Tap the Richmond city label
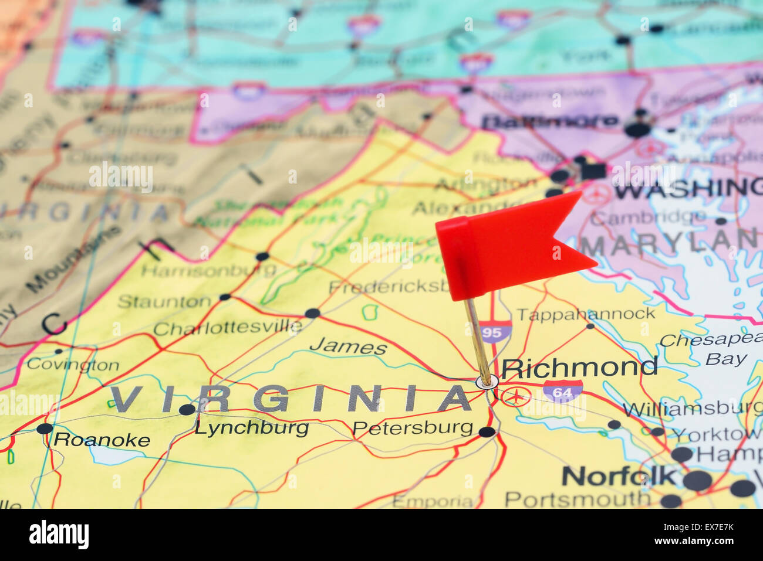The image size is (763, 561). [579, 367]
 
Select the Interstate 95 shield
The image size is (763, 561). [495, 332]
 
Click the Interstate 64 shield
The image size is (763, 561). [562, 391]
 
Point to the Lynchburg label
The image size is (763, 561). [251, 428]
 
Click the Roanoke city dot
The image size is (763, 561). [45, 429]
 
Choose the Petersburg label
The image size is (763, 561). [413, 428]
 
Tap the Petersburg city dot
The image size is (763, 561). [487, 432]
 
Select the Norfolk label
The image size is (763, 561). [619, 476]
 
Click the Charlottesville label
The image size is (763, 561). [228, 328]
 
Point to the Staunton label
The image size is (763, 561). [164, 302]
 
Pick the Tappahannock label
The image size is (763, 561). [585, 314]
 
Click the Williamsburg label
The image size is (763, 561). [693, 408]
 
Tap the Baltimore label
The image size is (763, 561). [549, 122]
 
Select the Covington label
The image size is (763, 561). [73, 365]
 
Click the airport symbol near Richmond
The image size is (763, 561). [516, 396]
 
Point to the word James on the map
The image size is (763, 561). [348, 346]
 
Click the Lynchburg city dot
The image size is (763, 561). [187, 409]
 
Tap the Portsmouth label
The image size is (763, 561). [577, 499]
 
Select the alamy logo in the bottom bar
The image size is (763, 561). [59, 535]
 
